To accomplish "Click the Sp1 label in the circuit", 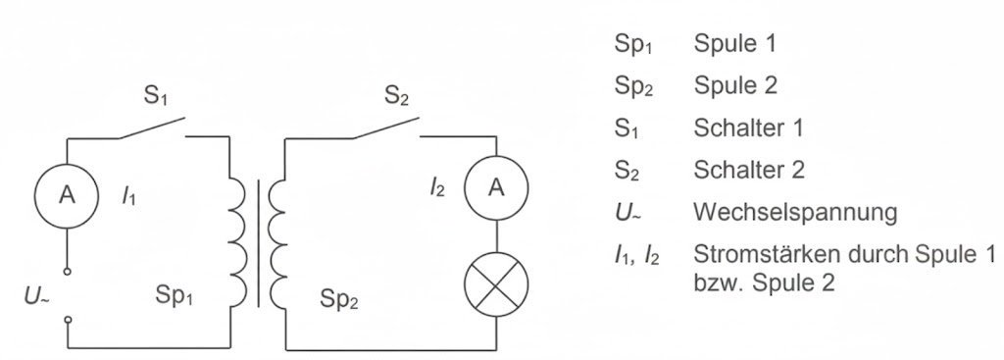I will click(x=176, y=295).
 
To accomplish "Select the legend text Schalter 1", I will click(x=749, y=129).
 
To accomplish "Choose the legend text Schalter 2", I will click(x=749, y=170).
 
